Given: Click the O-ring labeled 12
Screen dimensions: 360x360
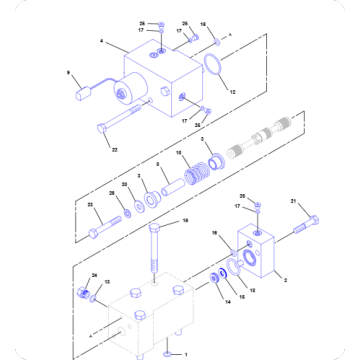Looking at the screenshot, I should (x=213, y=69).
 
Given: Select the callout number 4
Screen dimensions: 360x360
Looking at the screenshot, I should (x=102, y=43).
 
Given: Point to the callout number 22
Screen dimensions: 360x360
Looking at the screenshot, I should (x=114, y=150).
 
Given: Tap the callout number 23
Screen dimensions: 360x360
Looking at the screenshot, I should (x=90, y=205).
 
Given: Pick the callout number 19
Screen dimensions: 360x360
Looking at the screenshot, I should (x=185, y=221).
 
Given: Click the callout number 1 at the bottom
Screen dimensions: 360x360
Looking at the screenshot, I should (x=183, y=353).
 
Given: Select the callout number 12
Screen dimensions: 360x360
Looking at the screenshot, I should (x=233, y=93).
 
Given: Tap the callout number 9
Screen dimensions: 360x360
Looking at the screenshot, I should (x=68, y=72).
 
